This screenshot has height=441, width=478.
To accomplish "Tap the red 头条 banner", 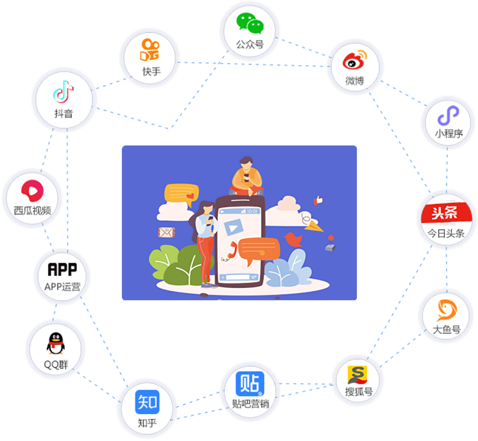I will click(x=446, y=213).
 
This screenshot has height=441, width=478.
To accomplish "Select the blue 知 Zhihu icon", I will click(x=147, y=402).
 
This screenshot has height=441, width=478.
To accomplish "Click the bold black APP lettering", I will click(x=62, y=270).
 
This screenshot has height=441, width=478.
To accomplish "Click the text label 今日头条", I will click(x=446, y=233).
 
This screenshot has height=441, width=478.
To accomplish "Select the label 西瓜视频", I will click(x=32, y=211).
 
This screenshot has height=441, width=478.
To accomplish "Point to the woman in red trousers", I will click(x=205, y=244).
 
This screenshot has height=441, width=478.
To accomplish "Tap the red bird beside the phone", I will click(x=293, y=239).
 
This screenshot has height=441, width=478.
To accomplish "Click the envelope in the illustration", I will click(x=166, y=233).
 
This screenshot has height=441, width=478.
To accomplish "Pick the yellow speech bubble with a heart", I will click(x=181, y=194).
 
